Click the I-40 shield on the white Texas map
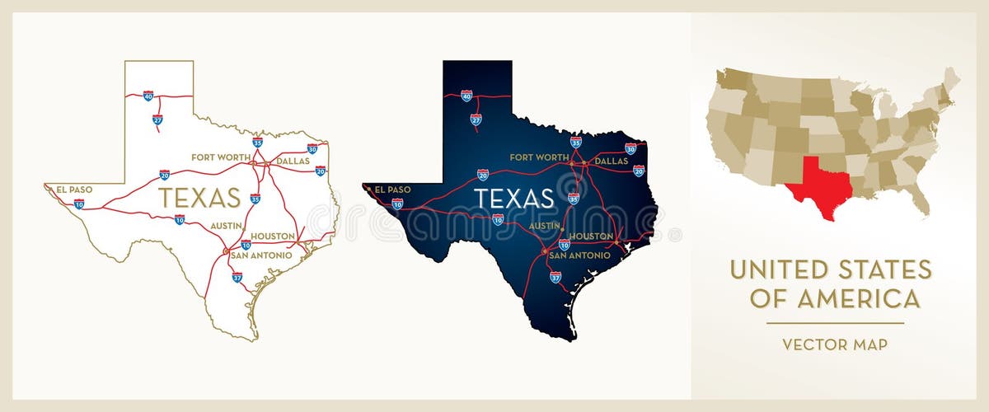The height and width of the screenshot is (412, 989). (x=148, y=96)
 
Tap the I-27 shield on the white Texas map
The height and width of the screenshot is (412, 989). (x=157, y=119)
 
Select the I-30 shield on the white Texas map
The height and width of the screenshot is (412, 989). (x=312, y=149)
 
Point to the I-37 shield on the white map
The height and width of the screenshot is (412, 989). (x=237, y=278)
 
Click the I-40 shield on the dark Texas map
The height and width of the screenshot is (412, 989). (x=466, y=96)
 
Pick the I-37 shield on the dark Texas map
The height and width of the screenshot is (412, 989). (x=555, y=278)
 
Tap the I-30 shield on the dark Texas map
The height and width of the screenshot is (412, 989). (x=630, y=149)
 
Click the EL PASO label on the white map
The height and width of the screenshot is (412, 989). (x=74, y=189)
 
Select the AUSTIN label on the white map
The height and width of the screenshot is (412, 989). (x=227, y=225)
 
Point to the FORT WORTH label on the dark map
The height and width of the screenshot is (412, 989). (x=539, y=157)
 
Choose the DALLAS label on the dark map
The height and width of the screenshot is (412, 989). (x=612, y=162)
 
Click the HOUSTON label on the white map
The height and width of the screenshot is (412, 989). (x=273, y=236)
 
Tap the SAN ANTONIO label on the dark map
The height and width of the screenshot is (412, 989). (x=579, y=255)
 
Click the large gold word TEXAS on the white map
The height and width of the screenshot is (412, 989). (x=199, y=198)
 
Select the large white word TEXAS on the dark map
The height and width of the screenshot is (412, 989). (x=513, y=198)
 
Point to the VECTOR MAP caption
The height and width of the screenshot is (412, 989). (x=835, y=344)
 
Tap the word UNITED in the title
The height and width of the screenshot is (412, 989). (x=777, y=269)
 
